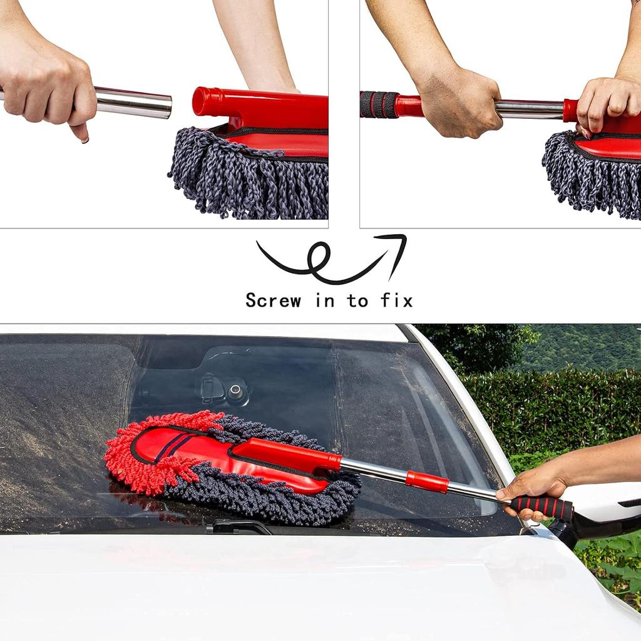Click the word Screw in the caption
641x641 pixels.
[x=273, y=300]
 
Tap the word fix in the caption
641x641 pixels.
[x=397, y=300]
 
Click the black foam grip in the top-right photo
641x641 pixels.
[x=379, y=105]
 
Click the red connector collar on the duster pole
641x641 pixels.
[x=427, y=481]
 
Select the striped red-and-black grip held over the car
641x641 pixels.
[x=542, y=506]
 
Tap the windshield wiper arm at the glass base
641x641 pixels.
[x=241, y=527]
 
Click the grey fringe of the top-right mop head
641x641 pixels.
[x=588, y=175]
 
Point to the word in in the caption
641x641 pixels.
[x=325, y=300]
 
